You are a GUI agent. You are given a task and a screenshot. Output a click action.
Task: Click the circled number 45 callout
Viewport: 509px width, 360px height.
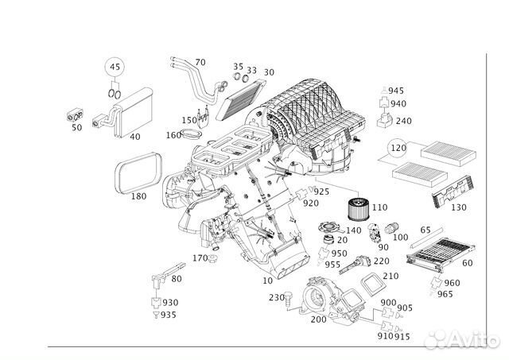click(x=115, y=66)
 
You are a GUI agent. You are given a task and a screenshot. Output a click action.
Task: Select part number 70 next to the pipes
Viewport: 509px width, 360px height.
click(x=200, y=61)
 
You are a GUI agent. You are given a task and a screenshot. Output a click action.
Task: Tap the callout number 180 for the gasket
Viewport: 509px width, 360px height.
click(x=138, y=195)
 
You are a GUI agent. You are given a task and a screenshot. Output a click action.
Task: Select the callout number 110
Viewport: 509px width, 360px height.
click(x=379, y=207)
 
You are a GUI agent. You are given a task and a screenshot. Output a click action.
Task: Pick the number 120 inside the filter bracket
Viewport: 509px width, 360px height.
click(x=398, y=148)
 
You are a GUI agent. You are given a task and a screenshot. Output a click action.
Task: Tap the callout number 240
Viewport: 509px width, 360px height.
click(x=403, y=121)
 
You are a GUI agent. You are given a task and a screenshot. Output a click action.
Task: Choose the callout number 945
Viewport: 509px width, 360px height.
click(x=396, y=90)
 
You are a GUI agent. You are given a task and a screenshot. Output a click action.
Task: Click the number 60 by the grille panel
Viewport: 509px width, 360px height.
click(x=468, y=263)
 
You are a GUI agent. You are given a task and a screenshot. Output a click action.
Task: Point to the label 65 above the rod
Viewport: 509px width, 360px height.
click(x=425, y=230)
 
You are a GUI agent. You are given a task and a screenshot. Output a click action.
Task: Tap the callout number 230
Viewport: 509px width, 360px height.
click(x=276, y=298)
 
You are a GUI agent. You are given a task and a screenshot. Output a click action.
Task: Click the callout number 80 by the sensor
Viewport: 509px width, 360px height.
click(x=176, y=278)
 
